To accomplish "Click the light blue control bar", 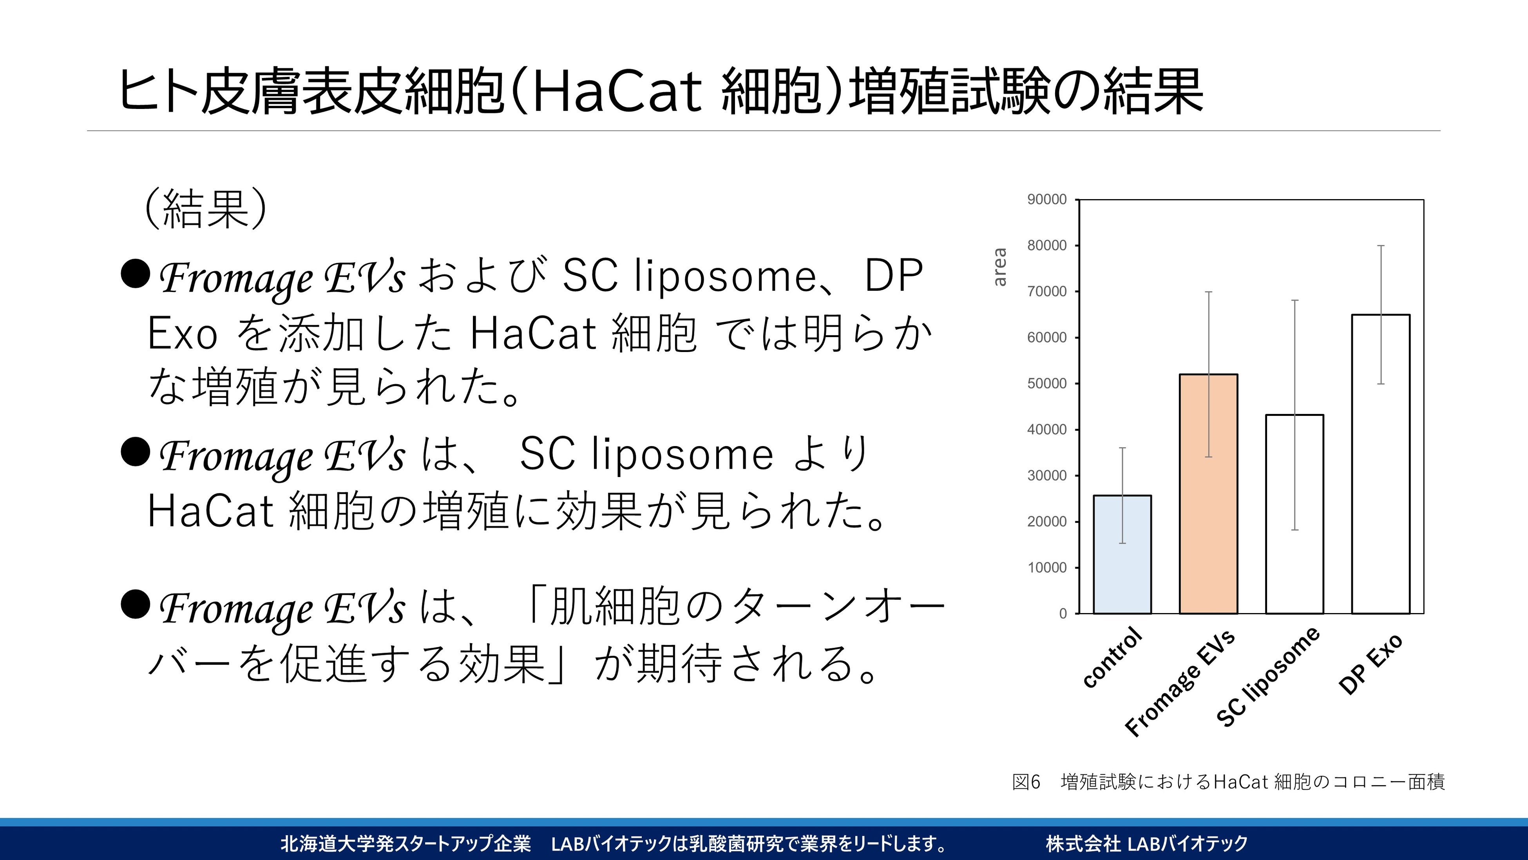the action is click(1122, 554).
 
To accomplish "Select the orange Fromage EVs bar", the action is click(1208, 494).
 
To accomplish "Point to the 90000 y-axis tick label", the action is click(1047, 200).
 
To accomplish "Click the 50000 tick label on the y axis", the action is click(1047, 383).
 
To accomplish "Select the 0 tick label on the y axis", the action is click(1063, 614).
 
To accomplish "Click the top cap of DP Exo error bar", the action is click(1381, 245).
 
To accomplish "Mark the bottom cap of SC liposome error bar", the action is click(1295, 530).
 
